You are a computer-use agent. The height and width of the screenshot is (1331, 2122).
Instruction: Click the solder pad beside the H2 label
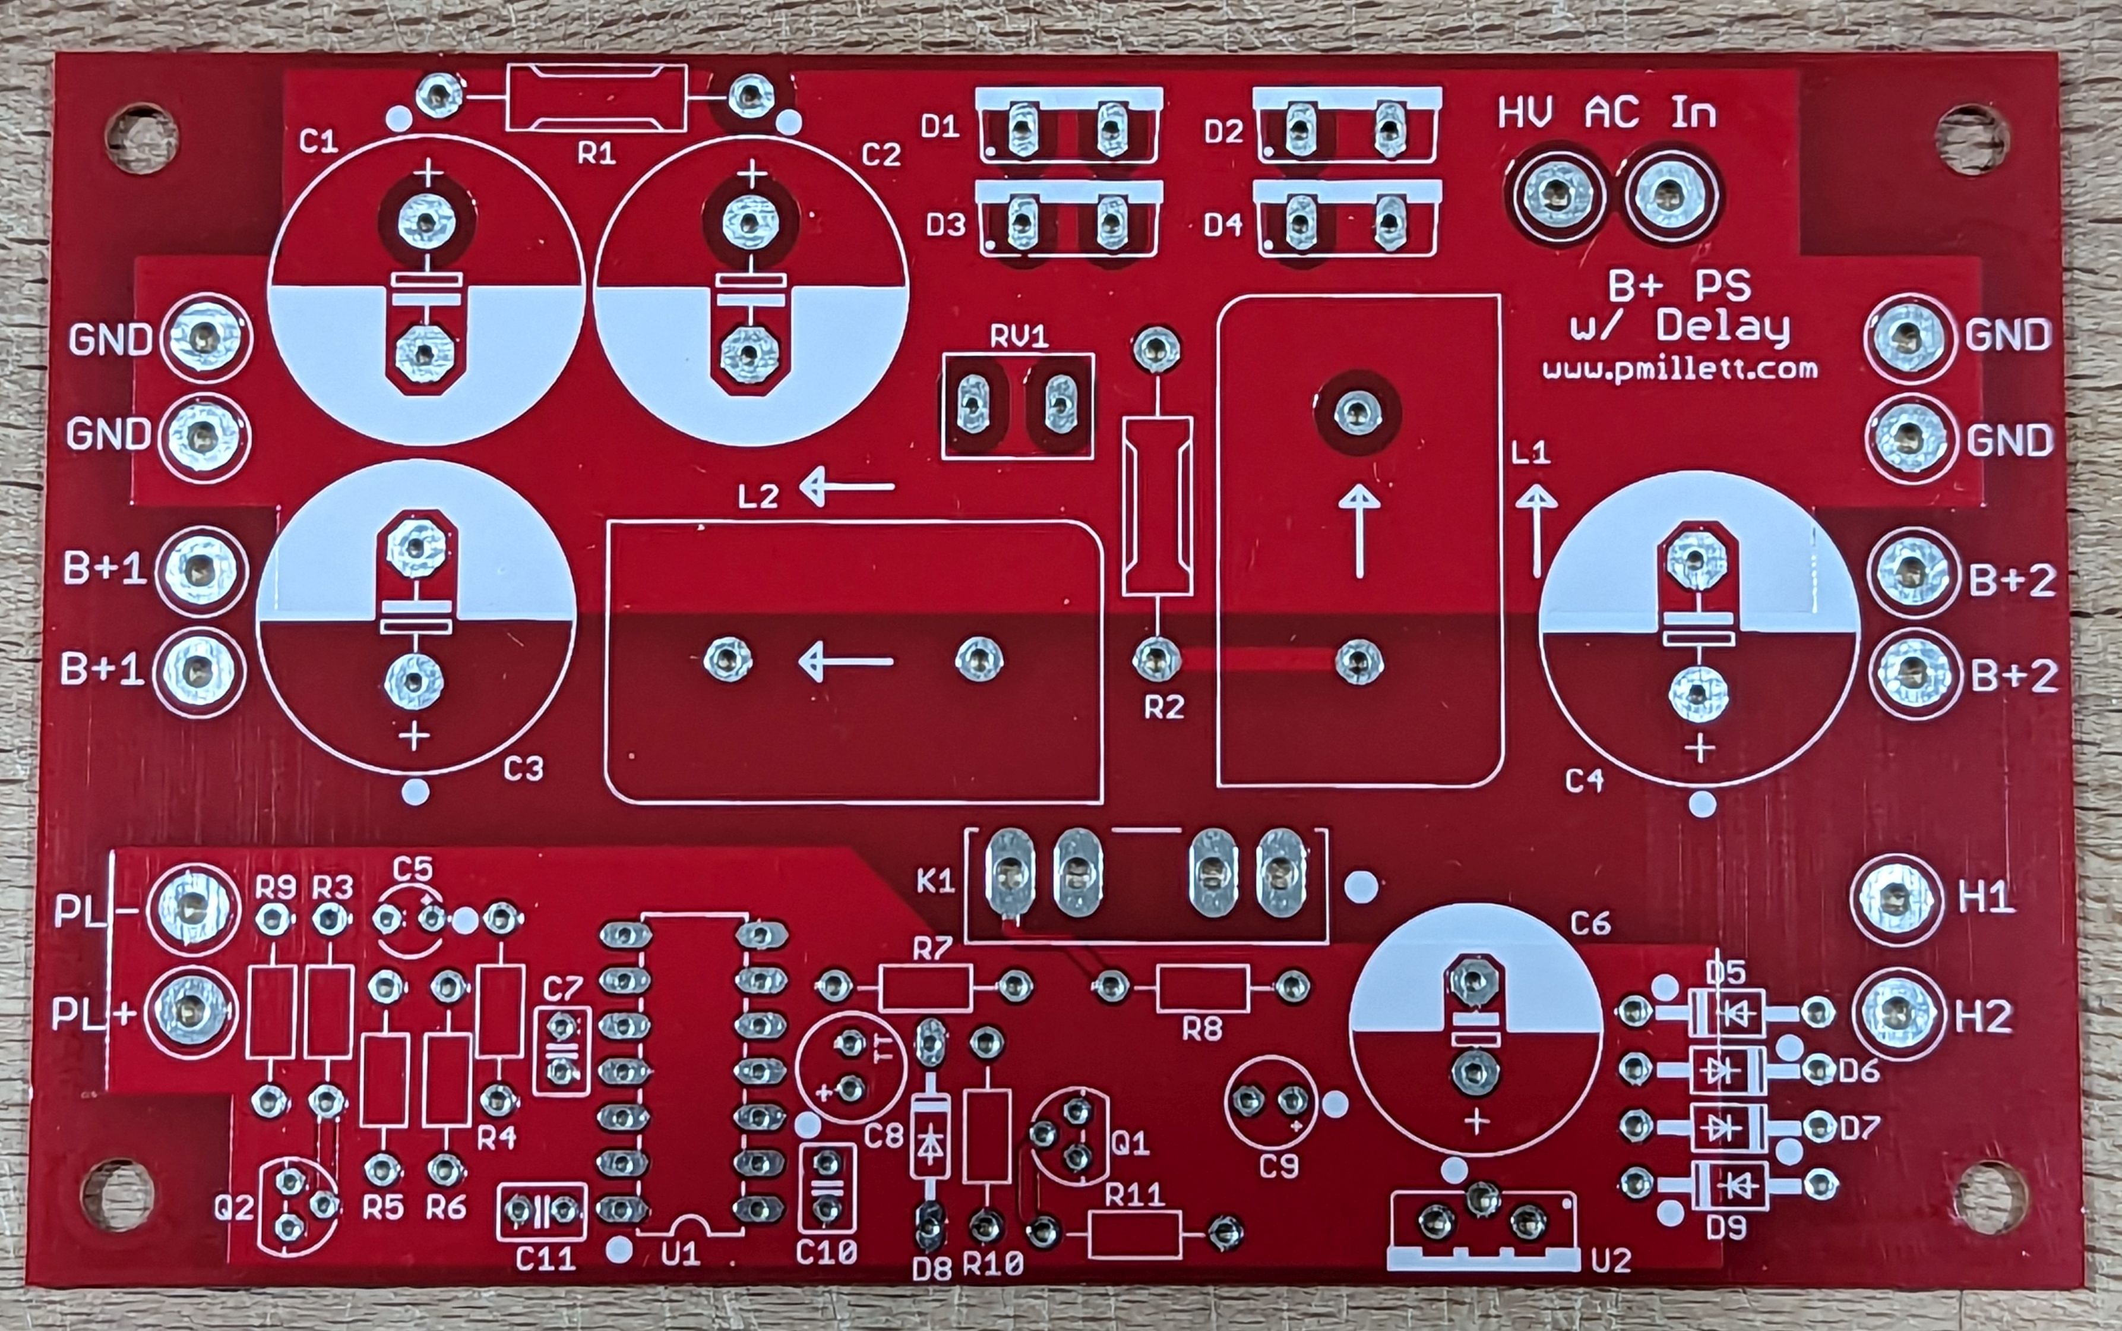(x=1898, y=1015)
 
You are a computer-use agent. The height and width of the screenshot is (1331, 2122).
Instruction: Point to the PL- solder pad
(x=192, y=909)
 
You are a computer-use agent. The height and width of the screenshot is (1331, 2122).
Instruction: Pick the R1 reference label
(x=596, y=154)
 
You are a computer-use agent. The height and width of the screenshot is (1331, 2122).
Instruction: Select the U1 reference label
(x=680, y=1254)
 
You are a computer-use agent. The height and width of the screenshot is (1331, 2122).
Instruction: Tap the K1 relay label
(x=936, y=881)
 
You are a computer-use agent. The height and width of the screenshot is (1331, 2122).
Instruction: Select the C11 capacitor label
(x=545, y=1259)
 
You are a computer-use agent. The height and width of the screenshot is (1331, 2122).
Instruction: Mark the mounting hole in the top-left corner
(x=141, y=138)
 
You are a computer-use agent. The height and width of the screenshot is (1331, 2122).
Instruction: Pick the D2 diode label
(x=1223, y=131)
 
